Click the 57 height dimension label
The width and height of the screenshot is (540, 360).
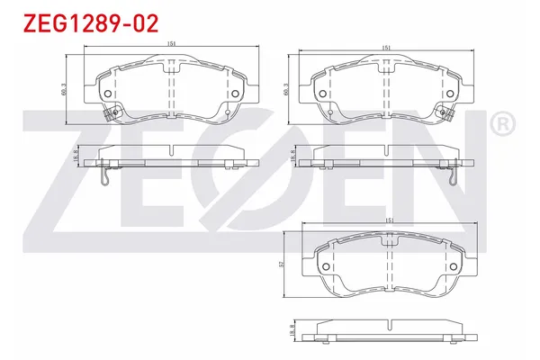click(x=285, y=264)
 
